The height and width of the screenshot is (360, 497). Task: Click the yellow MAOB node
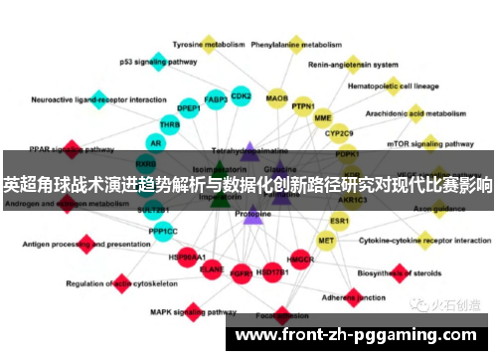click(277, 99)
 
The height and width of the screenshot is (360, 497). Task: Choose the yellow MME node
click(323, 117)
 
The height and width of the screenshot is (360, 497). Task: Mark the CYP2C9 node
click(340, 132)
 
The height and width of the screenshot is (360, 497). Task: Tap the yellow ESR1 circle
click(340, 220)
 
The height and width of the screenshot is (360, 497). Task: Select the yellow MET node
click(326, 240)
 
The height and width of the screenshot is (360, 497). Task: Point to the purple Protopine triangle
click(252, 214)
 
